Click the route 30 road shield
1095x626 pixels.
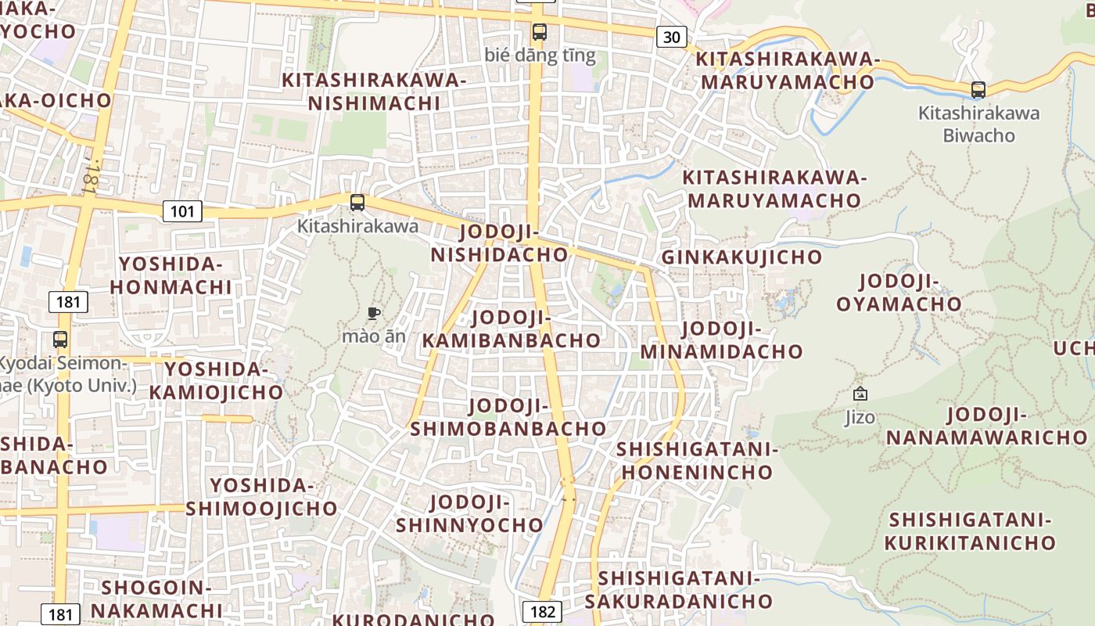click(x=672, y=37)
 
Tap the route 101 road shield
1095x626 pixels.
click(x=182, y=211)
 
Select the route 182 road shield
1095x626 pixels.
click(x=542, y=611)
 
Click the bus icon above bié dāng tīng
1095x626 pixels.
click(x=540, y=32)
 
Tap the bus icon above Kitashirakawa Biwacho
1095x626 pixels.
click(x=978, y=90)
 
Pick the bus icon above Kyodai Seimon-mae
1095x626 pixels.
click(x=60, y=340)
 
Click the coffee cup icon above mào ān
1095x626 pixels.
click(x=374, y=314)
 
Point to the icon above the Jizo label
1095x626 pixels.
click(x=860, y=394)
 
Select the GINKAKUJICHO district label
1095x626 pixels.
click(x=741, y=257)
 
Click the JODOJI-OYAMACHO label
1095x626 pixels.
click(x=899, y=293)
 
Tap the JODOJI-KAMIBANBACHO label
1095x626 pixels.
click(x=512, y=329)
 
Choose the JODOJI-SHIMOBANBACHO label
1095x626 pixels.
click(x=508, y=417)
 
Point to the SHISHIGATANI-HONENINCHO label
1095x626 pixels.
click(x=697, y=461)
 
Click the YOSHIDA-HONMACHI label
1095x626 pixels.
click(x=171, y=275)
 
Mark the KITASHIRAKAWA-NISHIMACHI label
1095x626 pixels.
click(x=374, y=92)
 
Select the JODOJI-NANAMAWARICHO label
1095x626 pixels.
click(x=986, y=426)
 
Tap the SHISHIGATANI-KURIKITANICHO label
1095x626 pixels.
click(x=970, y=531)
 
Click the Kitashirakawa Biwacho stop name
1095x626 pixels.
click(x=978, y=124)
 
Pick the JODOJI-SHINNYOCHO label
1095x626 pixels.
click(x=469, y=513)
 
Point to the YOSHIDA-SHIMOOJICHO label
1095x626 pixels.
click(x=261, y=497)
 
